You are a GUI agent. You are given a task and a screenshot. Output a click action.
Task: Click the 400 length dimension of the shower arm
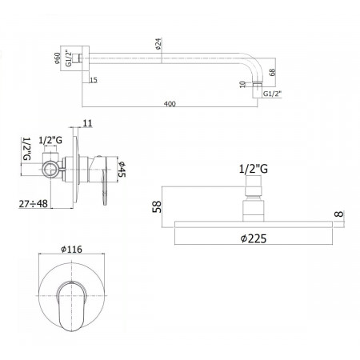pyautogui.click(x=170, y=104)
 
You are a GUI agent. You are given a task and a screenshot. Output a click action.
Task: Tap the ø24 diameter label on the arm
pyautogui.click(x=158, y=44)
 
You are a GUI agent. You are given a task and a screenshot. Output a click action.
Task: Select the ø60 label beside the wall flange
pyautogui.click(x=58, y=58)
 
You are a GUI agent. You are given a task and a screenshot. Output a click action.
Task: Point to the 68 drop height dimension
pyautogui.click(x=272, y=72)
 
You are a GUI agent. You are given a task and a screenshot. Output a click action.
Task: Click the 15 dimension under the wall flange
pyautogui.click(x=94, y=80)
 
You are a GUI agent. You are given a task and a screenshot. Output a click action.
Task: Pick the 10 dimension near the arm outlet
pyautogui.click(x=242, y=84)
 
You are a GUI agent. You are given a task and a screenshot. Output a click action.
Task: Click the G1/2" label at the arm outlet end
pyautogui.click(x=272, y=94)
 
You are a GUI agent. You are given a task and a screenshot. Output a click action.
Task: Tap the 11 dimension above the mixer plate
pyautogui.click(x=87, y=123)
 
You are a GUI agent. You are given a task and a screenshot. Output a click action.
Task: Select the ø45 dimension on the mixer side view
pyautogui.click(x=122, y=170)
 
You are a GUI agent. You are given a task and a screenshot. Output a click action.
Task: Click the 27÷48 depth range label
pyautogui.click(x=34, y=204)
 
